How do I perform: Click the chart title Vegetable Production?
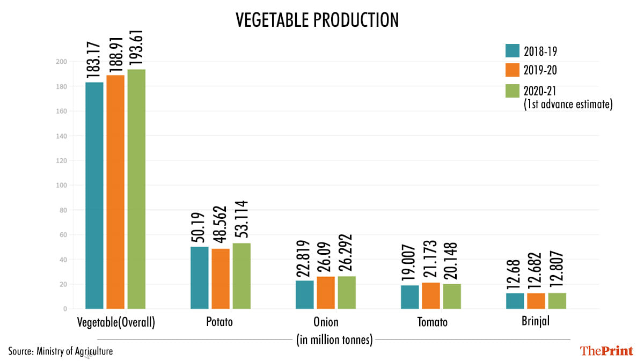tap(318, 20)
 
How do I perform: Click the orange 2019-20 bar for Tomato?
tap(431, 295)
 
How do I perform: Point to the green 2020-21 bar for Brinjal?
tap(557, 301)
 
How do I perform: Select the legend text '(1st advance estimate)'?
tap(568, 105)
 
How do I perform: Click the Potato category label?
tap(219, 323)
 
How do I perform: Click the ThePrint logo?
tap(606, 351)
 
